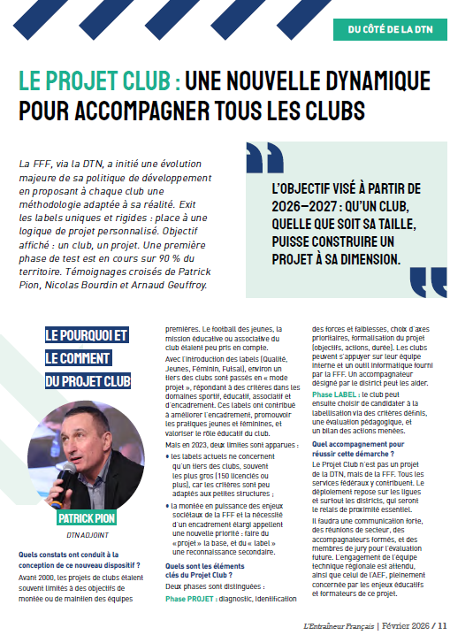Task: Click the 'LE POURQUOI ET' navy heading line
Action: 87,335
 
